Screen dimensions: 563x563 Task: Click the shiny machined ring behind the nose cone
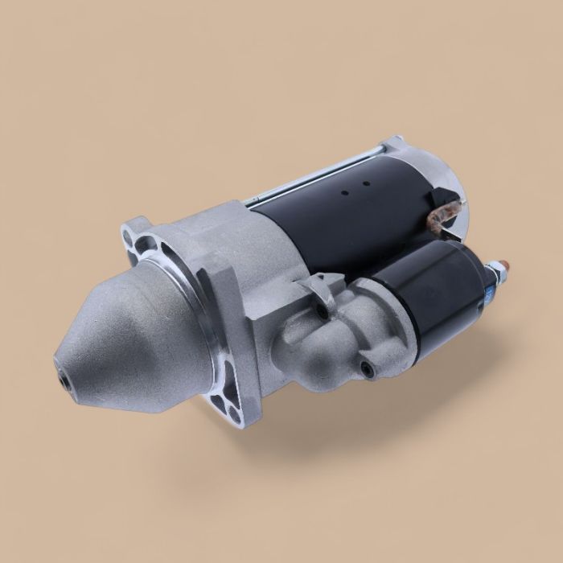[x=201, y=338]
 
